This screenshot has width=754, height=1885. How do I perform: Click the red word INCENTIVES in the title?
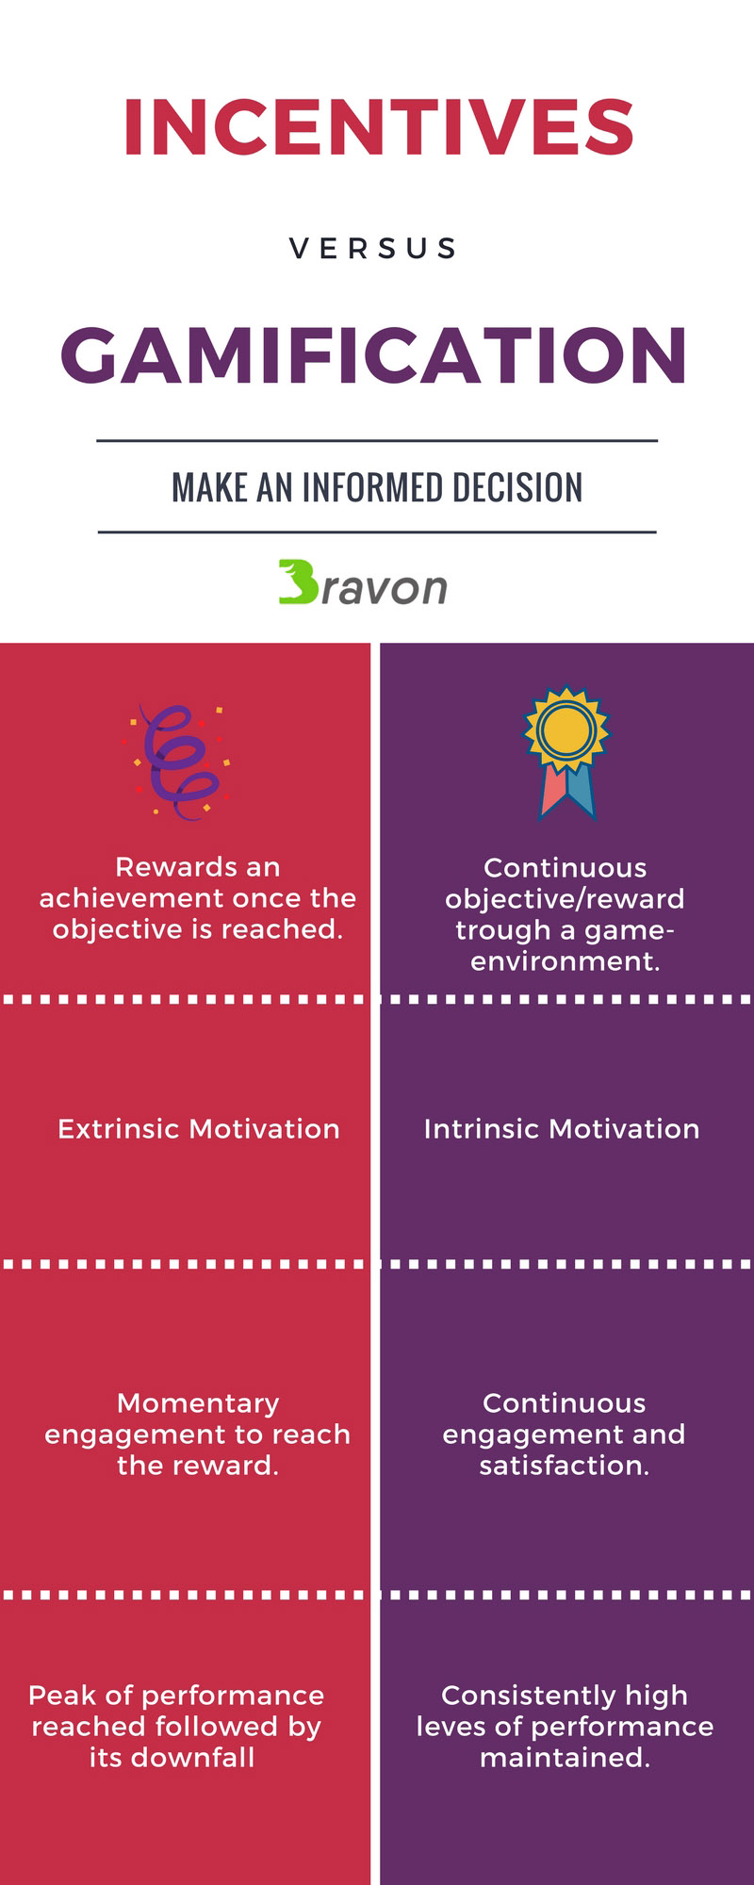click(378, 127)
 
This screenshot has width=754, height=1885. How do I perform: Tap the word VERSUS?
click(373, 249)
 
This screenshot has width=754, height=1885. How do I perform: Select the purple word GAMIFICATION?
click(374, 355)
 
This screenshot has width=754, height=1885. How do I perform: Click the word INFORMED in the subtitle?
click(373, 487)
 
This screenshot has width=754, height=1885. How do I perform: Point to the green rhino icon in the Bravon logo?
click(299, 582)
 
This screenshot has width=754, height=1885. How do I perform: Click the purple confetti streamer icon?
click(180, 762)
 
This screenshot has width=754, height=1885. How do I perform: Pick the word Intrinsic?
click(482, 1128)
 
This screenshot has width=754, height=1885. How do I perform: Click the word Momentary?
click(198, 1403)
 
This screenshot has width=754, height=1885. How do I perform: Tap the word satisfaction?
click(564, 1466)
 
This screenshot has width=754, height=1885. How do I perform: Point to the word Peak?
click(62, 1695)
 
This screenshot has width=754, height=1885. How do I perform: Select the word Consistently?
click(529, 1696)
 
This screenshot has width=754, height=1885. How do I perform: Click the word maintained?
click(565, 1757)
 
